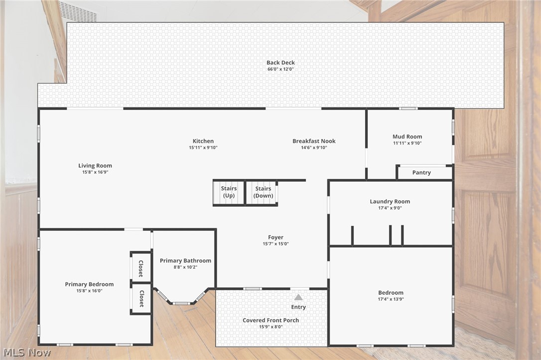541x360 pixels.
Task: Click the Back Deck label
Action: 280,62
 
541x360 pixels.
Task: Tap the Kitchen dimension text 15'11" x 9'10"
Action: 203,147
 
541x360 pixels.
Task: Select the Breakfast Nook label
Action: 314,141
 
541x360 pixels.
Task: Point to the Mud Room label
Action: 407,136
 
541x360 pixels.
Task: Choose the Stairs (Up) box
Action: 229,192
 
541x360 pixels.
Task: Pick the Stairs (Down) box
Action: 262,192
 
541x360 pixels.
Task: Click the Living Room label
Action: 95,165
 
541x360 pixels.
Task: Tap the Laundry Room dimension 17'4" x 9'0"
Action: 390,208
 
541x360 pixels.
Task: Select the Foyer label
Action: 275,237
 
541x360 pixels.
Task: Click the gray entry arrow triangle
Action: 298,297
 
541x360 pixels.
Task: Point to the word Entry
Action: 298,307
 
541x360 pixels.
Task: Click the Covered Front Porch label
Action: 271,320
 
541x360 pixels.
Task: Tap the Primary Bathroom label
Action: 185,261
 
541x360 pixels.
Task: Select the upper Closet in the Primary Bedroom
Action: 141,267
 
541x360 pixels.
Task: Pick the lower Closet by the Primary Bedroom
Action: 141,299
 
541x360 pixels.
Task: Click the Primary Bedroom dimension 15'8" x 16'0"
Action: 89,291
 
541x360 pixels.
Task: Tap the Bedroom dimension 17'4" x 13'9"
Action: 391,299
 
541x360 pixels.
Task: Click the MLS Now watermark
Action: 27,353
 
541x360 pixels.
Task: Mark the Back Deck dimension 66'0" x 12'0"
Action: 280,69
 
